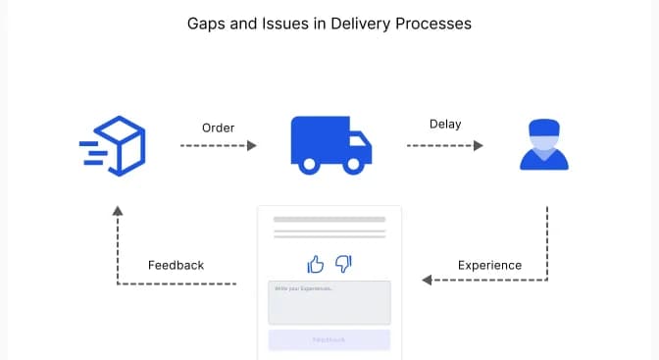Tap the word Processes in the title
pyautogui.click(x=432, y=22)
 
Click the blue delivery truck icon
pyautogui.click(x=330, y=143)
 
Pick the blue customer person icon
pyautogui.click(x=543, y=145)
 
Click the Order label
pyautogui.click(x=218, y=128)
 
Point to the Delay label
pyautogui.click(x=445, y=124)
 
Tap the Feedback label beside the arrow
pyautogui.click(x=176, y=265)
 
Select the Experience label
pyautogui.click(x=489, y=265)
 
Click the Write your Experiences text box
pyautogui.click(x=329, y=302)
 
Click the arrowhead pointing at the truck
pyautogui.click(x=251, y=145)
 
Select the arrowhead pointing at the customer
pyautogui.click(x=479, y=145)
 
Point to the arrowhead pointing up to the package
pyautogui.click(x=118, y=210)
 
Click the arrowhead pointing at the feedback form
pyautogui.click(x=428, y=281)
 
